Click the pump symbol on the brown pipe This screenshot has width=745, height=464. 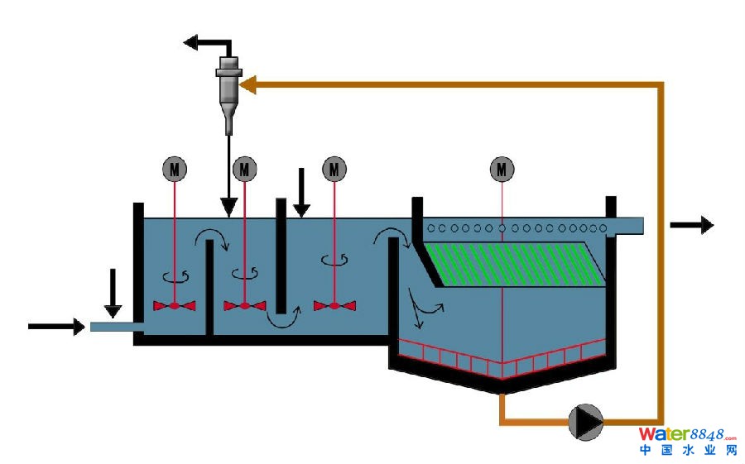point(586,421)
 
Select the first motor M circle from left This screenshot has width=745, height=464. point(174,169)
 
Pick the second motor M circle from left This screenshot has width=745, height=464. point(244,169)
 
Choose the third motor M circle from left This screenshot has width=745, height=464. point(334,169)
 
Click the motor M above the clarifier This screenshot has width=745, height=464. point(502,169)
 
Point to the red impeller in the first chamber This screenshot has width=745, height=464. point(174,306)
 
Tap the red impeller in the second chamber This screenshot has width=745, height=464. point(244,306)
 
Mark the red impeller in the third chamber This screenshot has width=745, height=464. point(334,306)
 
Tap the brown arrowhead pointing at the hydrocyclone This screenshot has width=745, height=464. point(248,83)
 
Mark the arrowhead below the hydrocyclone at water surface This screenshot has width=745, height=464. point(229,210)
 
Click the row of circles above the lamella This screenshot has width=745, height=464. point(513,227)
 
